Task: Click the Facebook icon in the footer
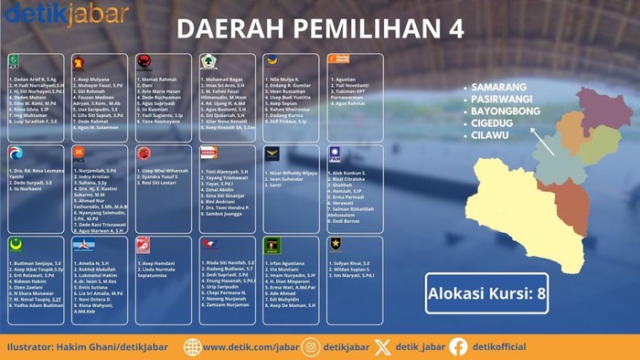click(x=458, y=346)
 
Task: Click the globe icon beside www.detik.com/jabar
click(x=192, y=346)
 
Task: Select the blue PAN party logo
click(x=335, y=152)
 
